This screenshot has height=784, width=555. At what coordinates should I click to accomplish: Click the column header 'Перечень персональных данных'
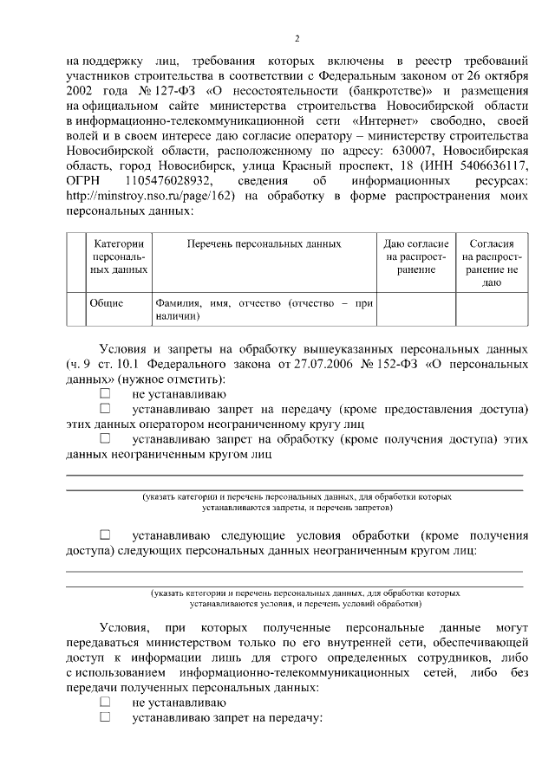(264, 245)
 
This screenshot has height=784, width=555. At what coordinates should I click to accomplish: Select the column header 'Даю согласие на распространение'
(416, 257)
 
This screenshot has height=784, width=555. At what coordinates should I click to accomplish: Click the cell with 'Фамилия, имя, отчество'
(264, 310)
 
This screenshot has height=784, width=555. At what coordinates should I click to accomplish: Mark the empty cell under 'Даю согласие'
(416, 310)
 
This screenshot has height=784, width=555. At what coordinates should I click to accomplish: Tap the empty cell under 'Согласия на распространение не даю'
(491, 310)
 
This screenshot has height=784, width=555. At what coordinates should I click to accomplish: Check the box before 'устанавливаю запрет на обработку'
(105, 438)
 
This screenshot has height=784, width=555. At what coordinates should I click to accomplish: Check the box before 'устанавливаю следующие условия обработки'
(105, 535)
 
